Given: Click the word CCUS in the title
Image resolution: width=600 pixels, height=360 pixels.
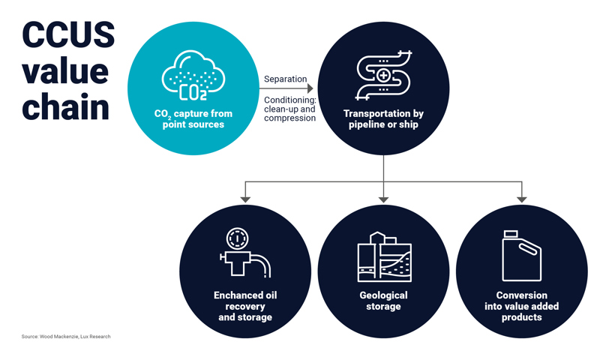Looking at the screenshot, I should point(68,35).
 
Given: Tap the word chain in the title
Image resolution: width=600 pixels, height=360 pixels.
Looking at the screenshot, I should point(66,106).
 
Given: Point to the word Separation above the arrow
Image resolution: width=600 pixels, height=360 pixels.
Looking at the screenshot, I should point(286,79).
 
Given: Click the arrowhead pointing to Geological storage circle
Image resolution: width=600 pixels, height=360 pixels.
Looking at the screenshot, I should point(383,199).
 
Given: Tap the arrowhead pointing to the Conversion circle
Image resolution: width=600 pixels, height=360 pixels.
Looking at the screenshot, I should point(522,199).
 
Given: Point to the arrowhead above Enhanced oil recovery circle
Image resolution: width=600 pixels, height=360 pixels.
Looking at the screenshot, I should point(244,199).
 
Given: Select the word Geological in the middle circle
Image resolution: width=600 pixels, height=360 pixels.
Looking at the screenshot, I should point(383,295).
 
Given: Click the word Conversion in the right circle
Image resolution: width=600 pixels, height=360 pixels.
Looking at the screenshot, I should point(521,295).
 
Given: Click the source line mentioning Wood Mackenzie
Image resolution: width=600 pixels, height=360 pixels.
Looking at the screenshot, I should point(66,337).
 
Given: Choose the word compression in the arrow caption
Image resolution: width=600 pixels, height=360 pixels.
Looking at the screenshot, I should point(289,118).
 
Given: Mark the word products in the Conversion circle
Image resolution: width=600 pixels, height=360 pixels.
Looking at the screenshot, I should point(521,317).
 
